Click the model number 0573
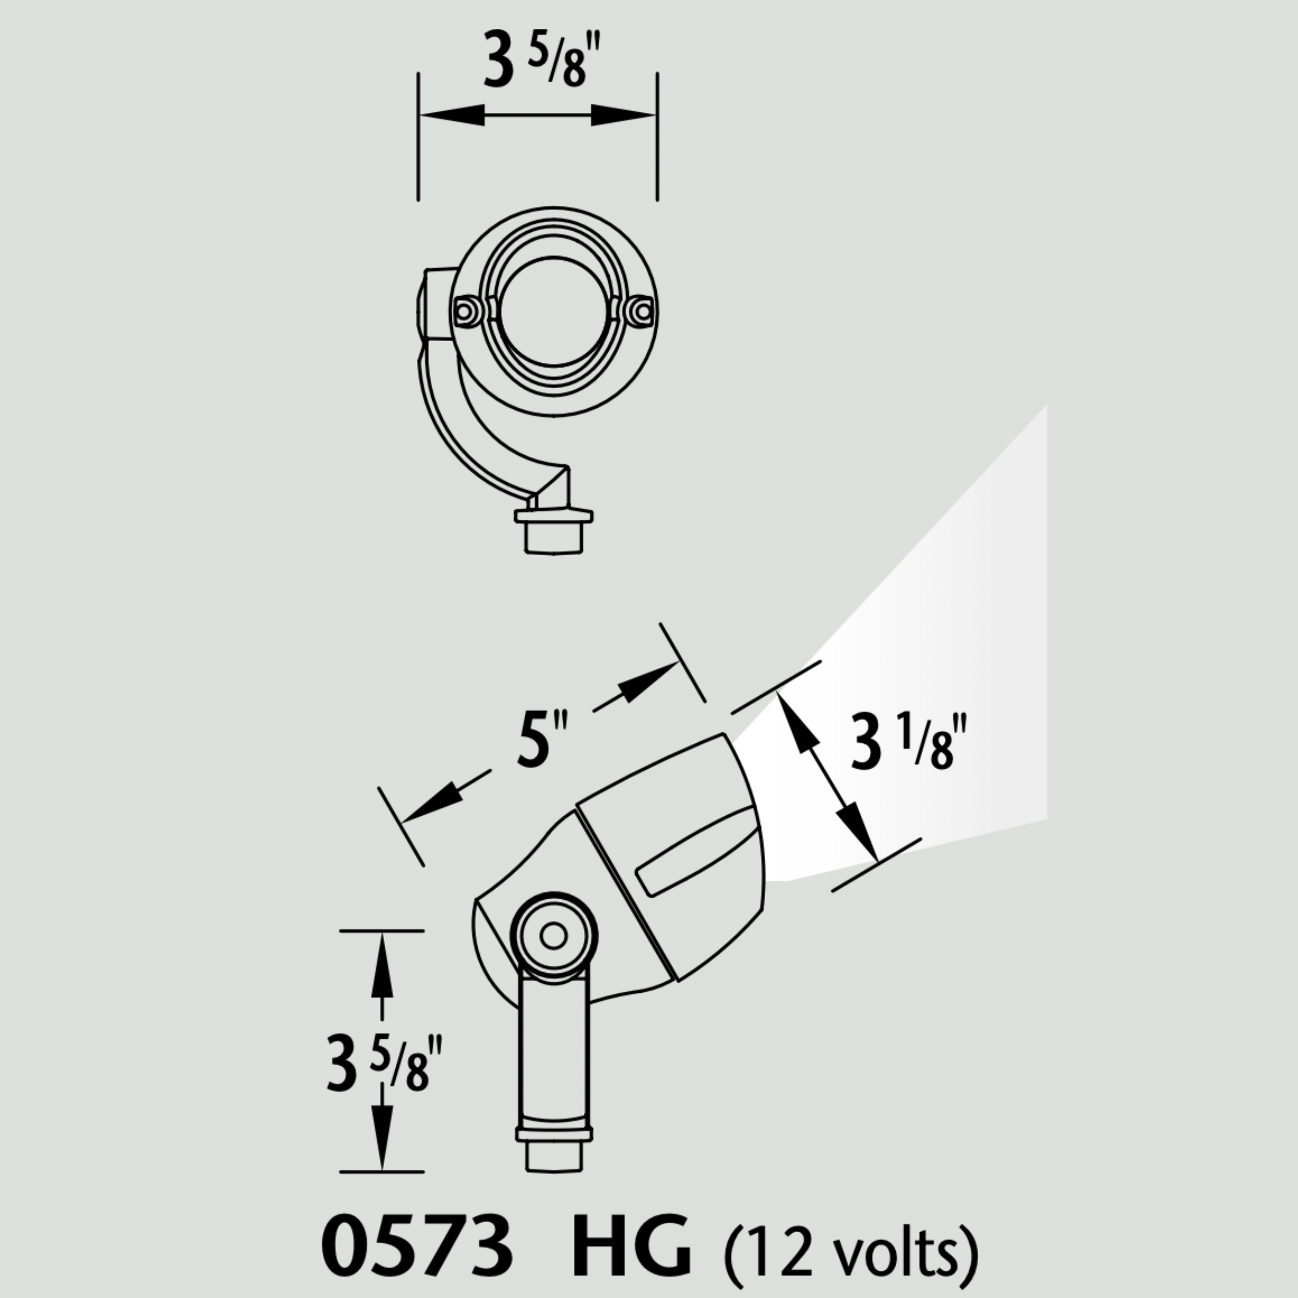coord(416,1244)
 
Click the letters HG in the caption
coord(630,1244)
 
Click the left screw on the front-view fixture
coord(464,311)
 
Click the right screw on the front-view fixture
coord(642,311)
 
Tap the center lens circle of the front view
coord(552,311)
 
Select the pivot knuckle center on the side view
coord(554,935)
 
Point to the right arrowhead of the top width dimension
coord(622,115)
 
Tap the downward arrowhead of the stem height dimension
coord(382,1134)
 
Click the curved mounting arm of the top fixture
coord(464,430)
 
